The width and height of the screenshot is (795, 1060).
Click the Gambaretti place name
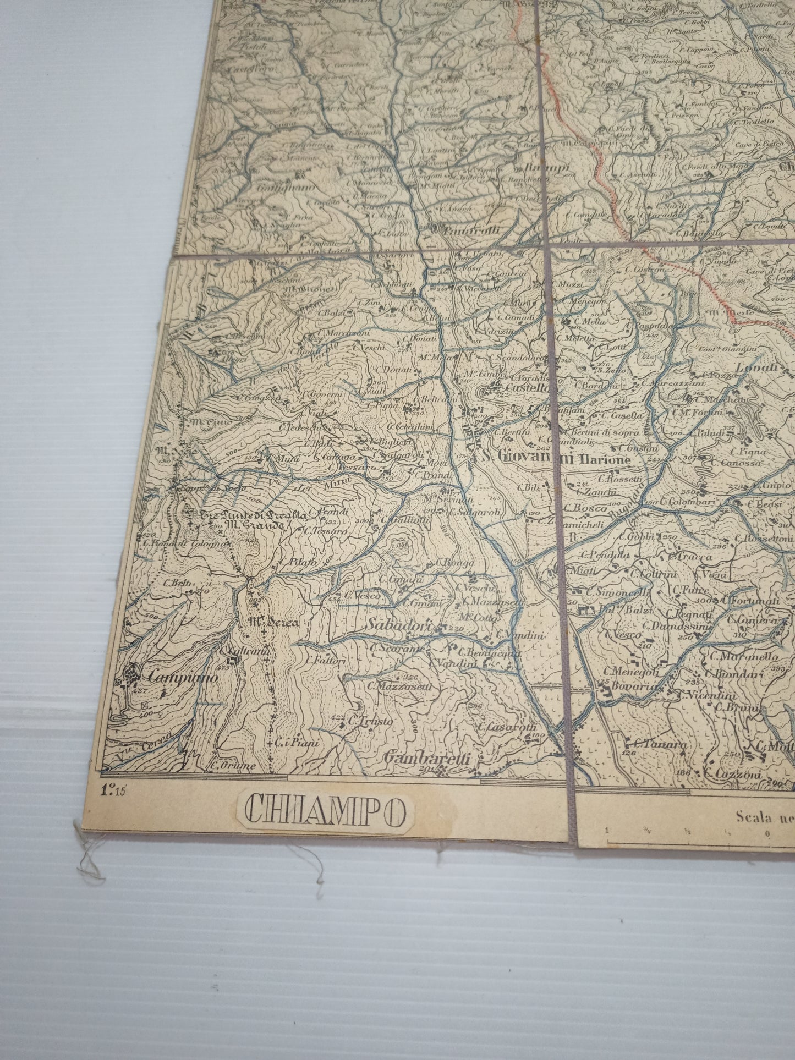point(427,758)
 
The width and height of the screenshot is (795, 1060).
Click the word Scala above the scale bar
point(756,816)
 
